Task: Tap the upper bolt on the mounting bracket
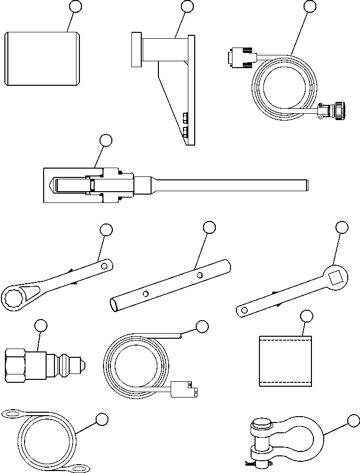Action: (185, 118)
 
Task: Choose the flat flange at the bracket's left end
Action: (136, 49)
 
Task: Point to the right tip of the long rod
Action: (308, 185)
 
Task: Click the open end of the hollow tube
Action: (114, 305)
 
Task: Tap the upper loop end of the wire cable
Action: (13, 415)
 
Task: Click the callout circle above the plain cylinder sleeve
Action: (75, 6)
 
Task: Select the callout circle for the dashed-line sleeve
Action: (306, 316)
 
